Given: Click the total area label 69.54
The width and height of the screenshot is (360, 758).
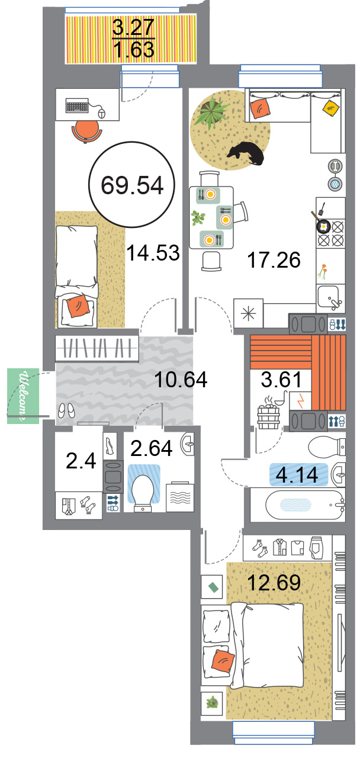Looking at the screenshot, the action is pos(132,185).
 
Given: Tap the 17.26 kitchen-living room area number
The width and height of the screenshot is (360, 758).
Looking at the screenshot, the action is pos(274,260).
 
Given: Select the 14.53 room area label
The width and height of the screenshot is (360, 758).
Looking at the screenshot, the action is pos(153,253).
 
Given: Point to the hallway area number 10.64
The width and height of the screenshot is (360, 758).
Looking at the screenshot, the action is pos(181,380).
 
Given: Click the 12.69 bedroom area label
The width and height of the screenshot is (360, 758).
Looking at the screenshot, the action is pos(274,582).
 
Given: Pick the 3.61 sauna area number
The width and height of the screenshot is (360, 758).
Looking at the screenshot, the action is pos(281,380).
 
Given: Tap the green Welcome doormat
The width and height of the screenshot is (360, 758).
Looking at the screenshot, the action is pos(23,396).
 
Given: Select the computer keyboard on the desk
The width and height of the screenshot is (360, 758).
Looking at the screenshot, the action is pos(77,105).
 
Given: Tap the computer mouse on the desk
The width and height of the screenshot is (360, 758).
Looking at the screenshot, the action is pos(101,113).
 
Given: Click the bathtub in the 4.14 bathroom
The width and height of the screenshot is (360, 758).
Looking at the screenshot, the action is pos(305,505).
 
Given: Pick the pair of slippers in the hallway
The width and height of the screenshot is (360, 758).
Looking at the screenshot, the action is pos(66,411).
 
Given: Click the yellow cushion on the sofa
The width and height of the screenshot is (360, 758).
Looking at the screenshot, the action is pos(330,108).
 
